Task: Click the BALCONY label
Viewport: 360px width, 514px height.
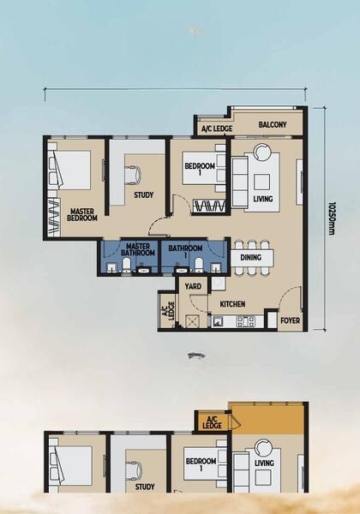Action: (272, 124)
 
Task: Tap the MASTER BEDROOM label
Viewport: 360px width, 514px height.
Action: (82, 214)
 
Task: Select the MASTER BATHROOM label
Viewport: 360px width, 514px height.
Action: (138, 249)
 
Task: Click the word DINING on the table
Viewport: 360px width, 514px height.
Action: (251, 257)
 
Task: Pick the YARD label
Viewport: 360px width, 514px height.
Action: (193, 286)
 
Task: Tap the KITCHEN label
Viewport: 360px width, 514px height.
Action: (232, 304)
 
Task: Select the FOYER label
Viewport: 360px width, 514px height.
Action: (291, 320)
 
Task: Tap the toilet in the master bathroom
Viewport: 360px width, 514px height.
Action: (127, 265)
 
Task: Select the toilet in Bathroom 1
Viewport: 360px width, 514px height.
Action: (198, 265)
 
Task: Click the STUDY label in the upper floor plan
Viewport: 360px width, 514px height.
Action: (144, 195)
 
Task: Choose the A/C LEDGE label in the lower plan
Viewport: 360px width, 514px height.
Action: (212, 422)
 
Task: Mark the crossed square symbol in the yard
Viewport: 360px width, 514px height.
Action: (191, 320)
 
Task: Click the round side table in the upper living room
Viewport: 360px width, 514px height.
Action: (262, 152)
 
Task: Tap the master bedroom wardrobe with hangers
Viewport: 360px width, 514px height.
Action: (54, 216)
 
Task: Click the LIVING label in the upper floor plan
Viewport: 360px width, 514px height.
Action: (263, 199)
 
